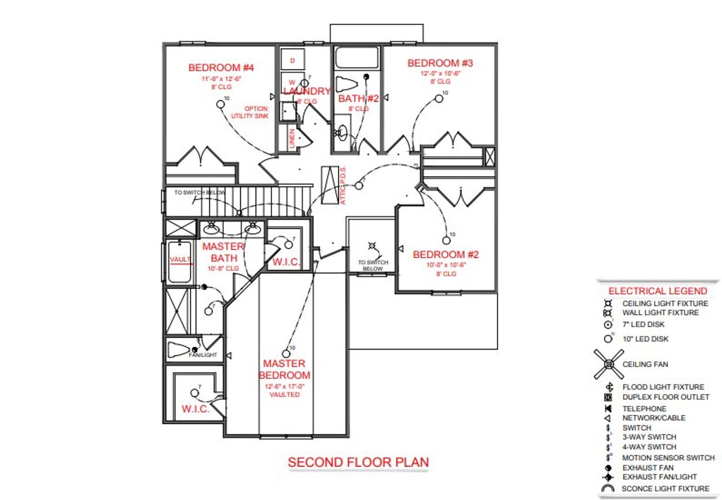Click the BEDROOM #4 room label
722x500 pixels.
click(221, 68)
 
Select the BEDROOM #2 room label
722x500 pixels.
click(446, 254)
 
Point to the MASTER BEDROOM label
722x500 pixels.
click(284, 369)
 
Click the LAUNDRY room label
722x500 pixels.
click(306, 91)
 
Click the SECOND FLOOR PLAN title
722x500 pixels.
click(358, 462)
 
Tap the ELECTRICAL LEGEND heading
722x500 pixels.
click(657, 291)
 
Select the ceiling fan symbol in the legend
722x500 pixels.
click(609, 364)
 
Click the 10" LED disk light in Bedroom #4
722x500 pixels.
click(220, 104)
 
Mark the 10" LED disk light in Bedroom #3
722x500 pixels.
click(439, 99)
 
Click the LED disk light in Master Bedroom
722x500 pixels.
click(286, 353)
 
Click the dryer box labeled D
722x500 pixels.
click(292, 60)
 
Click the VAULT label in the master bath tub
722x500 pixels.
click(180, 259)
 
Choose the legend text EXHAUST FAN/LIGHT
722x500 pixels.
click(659, 477)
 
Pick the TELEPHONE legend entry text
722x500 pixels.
click(644, 409)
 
